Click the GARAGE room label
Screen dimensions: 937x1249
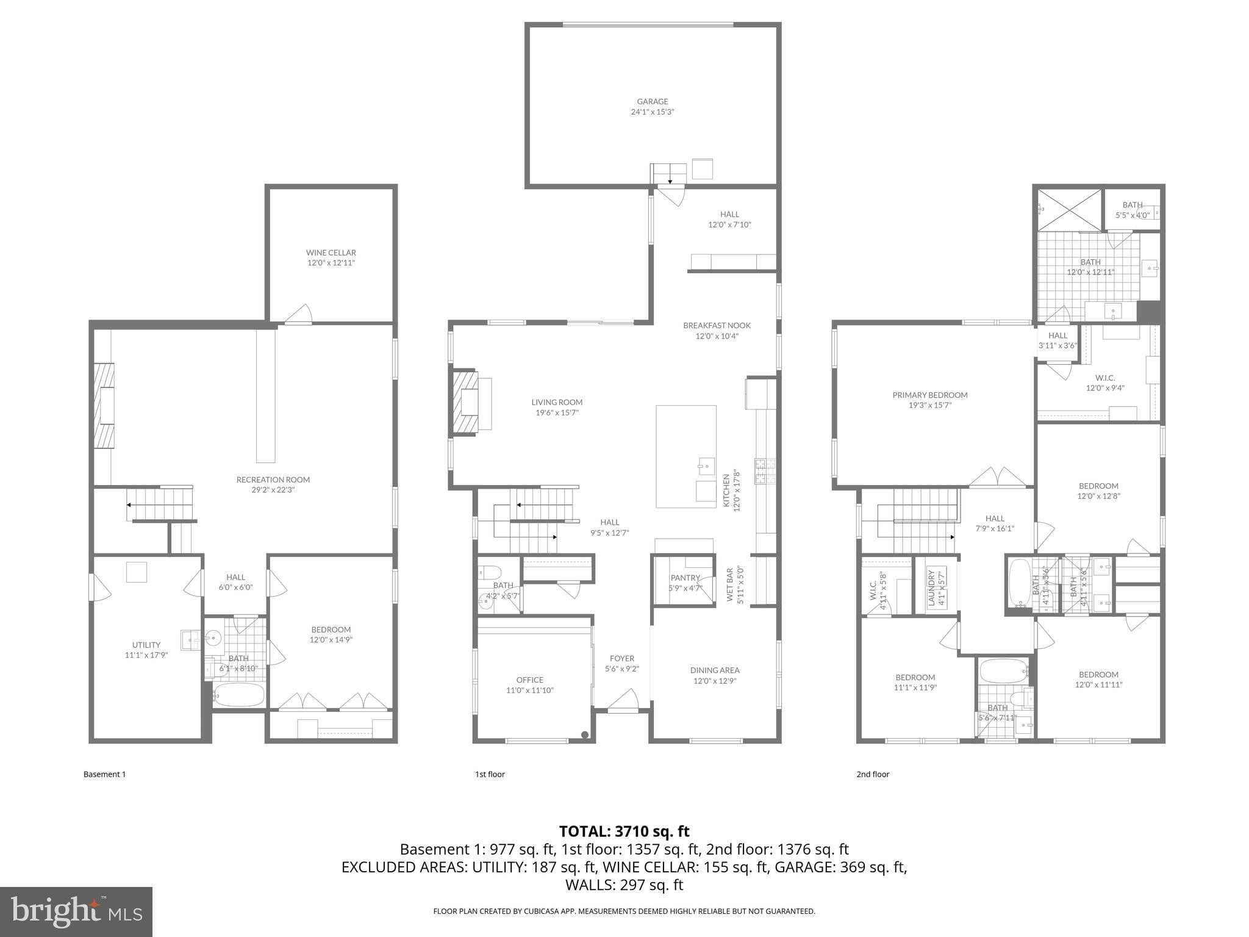click(652, 102)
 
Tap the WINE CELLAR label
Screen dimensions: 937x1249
click(331, 253)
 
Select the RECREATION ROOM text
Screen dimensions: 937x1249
click(273, 480)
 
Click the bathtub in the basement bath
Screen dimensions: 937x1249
click(238, 695)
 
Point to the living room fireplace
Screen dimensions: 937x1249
click(465, 403)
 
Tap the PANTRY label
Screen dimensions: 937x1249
click(685, 578)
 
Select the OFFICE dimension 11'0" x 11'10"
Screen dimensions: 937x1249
click(529, 691)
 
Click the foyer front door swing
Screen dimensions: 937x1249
click(623, 701)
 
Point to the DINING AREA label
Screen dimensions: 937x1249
click(714, 670)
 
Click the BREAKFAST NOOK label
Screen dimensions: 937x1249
click(717, 326)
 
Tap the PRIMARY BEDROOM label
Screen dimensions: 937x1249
click(929, 395)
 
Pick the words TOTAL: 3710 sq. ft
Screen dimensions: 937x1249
click(624, 831)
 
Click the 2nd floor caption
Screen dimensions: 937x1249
click(873, 774)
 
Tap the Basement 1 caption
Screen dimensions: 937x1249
click(104, 774)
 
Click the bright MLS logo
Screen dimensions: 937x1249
click(76, 911)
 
